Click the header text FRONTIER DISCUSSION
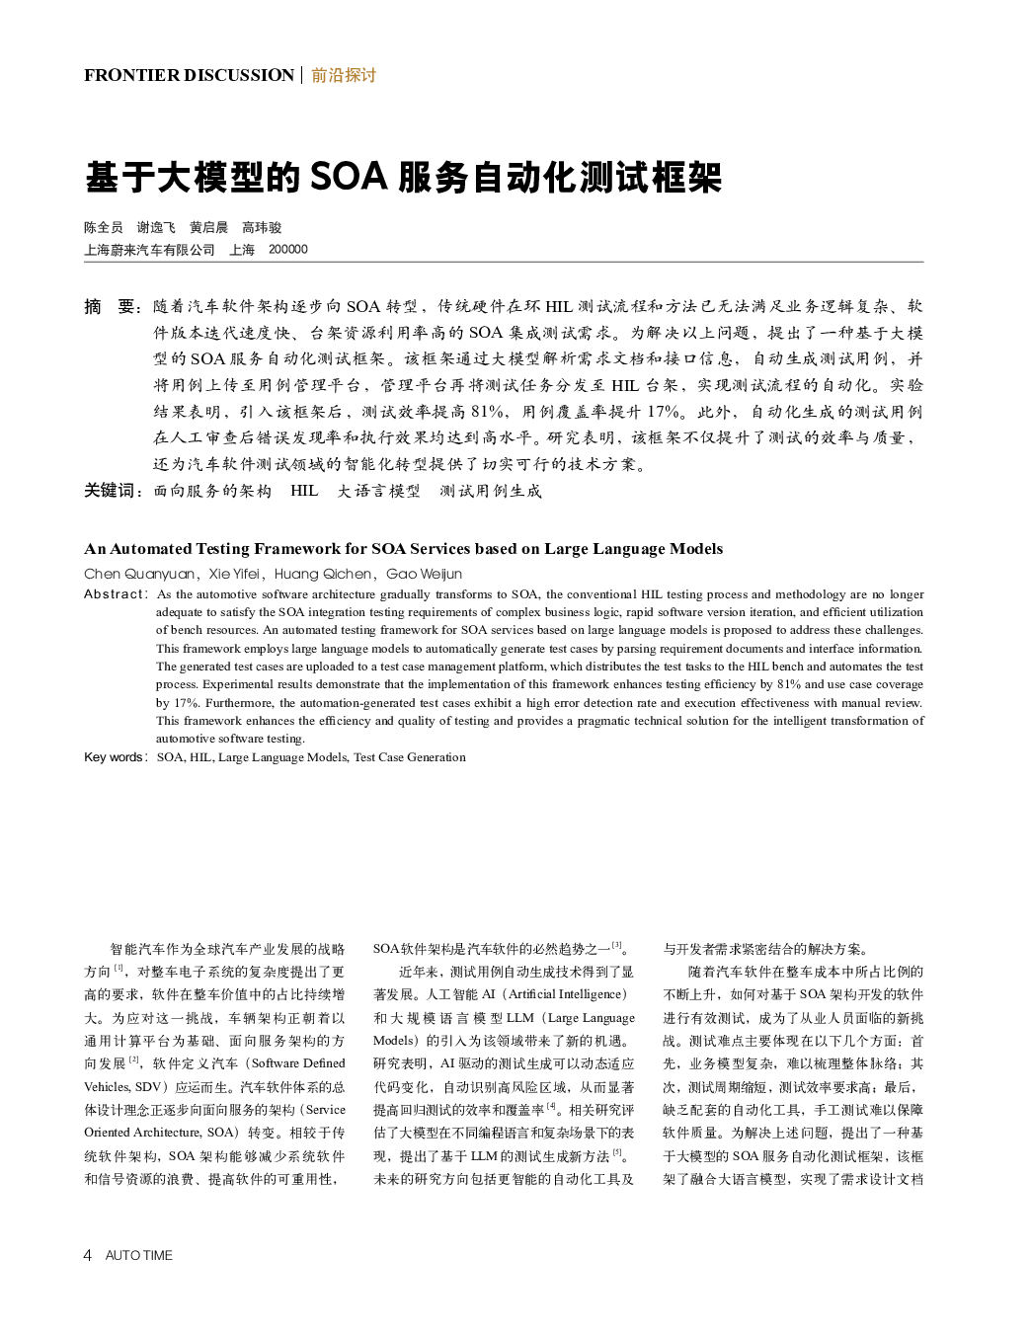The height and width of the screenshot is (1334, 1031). (189, 75)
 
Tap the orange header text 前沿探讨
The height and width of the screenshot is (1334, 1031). (344, 75)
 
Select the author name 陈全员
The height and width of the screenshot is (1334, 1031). (104, 228)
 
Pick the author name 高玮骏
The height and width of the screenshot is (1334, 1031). (262, 228)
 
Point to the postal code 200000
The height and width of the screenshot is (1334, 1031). (288, 250)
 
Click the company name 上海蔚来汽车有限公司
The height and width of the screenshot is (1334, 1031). (149, 250)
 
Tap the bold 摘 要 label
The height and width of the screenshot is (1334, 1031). (113, 306)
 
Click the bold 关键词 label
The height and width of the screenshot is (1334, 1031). (113, 491)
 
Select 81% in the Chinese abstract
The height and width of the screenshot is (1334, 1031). (489, 412)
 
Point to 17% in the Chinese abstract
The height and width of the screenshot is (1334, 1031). (664, 412)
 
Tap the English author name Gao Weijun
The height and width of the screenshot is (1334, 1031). (424, 574)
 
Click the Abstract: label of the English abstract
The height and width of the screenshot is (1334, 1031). (116, 594)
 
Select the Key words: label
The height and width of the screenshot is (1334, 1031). (116, 757)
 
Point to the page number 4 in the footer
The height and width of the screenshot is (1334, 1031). (88, 1255)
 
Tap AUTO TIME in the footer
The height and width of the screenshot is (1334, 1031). (138, 1255)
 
